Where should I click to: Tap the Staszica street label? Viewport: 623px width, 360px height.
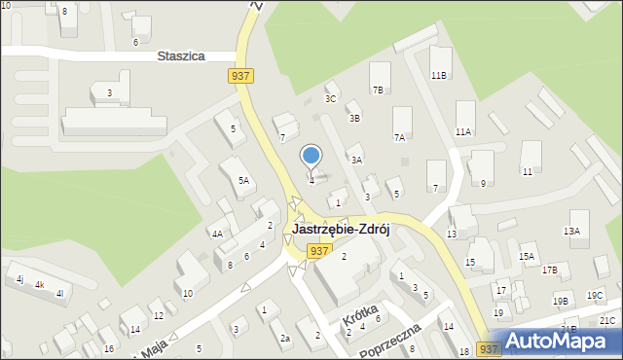coord(180,56)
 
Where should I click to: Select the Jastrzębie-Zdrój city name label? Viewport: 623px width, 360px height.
coord(341,230)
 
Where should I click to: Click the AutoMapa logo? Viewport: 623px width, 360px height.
coord(562,341)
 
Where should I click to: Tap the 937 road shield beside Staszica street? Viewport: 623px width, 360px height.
coord(243,76)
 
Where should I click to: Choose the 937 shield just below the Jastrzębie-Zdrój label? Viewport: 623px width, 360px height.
coord(317,251)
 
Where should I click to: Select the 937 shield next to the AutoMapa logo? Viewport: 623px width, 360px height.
coord(490,348)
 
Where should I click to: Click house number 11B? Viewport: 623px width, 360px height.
coord(439,75)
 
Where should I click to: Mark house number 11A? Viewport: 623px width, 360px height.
coord(463,131)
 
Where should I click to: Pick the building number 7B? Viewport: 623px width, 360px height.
coord(378,90)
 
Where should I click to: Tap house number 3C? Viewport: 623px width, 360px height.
coord(331,98)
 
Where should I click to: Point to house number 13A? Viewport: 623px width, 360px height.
coord(571,231)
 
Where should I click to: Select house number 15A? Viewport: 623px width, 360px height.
coord(527,256)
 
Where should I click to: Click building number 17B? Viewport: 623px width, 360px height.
coord(550,270)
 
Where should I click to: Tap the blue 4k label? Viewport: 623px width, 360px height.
coord(40,285)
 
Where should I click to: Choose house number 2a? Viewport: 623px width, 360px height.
coord(285,338)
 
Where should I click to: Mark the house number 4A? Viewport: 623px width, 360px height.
coord(218,234)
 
